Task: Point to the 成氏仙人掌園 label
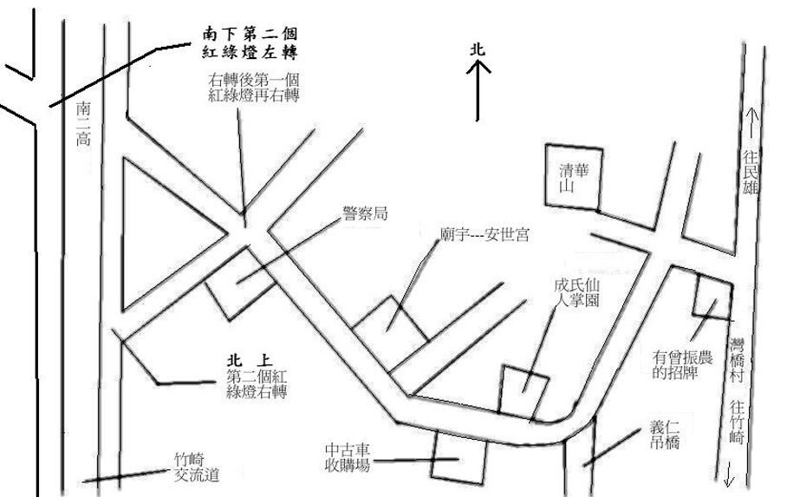[576, 294]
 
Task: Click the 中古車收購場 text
[348, 458]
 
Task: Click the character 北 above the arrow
[478, 51]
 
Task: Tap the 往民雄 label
[751, 173]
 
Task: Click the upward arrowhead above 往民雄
[751, 113]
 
